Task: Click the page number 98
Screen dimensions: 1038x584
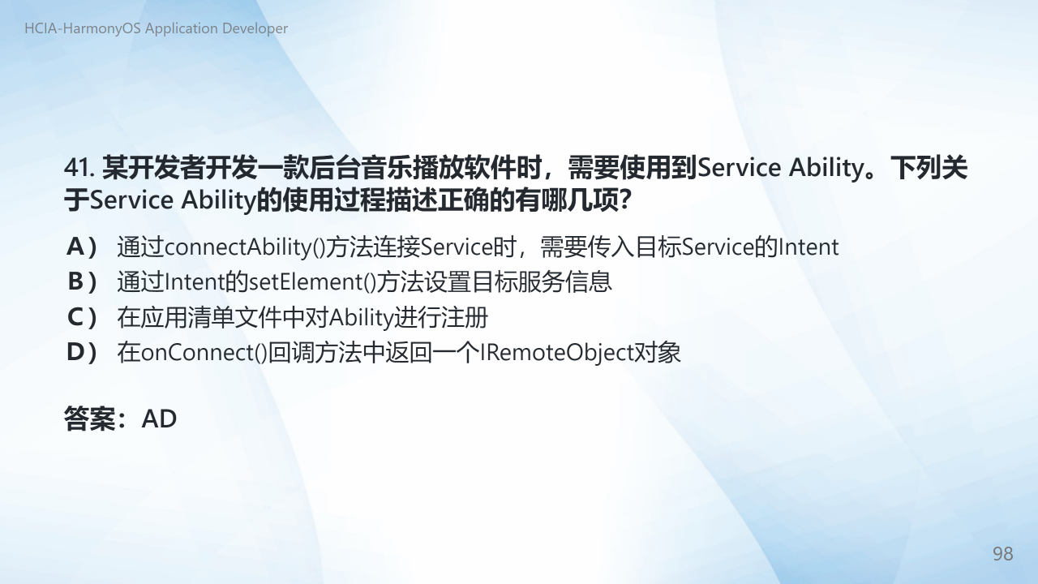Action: [x=1003, y=554]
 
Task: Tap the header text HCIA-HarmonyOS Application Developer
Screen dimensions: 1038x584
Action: [x=157, y=28]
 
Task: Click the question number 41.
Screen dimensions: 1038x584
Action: [x=79, y=168]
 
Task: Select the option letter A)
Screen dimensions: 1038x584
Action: [x=82, y=247]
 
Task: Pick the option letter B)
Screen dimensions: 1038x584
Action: [x=82, y=281]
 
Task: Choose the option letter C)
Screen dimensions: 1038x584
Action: [x=82, y=317]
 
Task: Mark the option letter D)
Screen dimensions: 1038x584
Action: [x=82, y=352]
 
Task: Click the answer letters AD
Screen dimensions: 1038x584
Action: [x=159, y=419]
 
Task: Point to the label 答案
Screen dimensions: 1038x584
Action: [x=89, y=419]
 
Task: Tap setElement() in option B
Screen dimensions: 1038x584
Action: [x=313, y=281]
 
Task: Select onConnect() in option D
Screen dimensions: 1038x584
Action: [x=204, y=353]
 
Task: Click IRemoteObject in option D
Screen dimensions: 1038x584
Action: [x=556, y=353]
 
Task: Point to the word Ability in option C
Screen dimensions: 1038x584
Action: [x=361, y=318]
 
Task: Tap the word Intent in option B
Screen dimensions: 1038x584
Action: [x=195, y=281]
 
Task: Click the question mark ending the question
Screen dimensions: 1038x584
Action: [x=624, y=200]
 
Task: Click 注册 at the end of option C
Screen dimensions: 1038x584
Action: [x=465, y=317]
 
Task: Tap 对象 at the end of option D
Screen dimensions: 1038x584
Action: [x=657, y=353]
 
